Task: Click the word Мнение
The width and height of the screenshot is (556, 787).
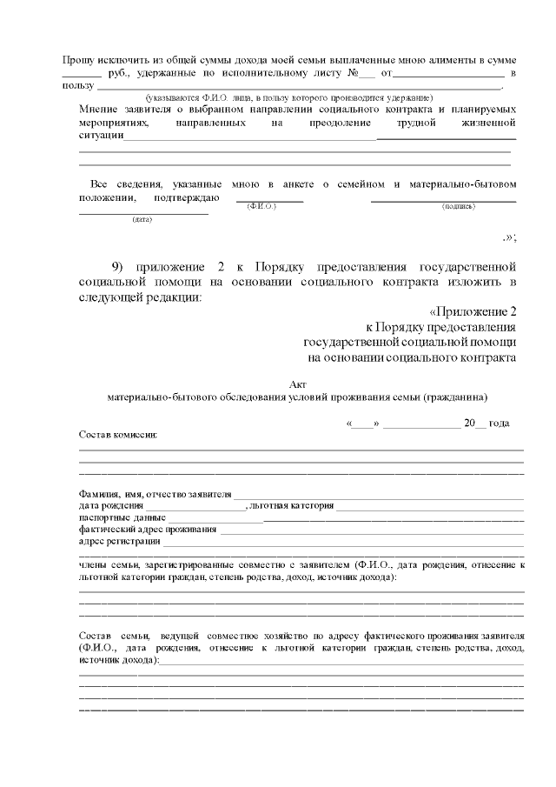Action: click(97, 110)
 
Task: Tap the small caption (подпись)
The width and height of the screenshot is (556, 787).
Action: click(458, 208)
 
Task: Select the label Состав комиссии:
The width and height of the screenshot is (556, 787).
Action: click(118, 433)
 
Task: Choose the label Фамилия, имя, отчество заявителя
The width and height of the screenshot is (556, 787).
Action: click(155, 494)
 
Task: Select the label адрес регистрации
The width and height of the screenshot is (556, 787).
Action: click(113, 540)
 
